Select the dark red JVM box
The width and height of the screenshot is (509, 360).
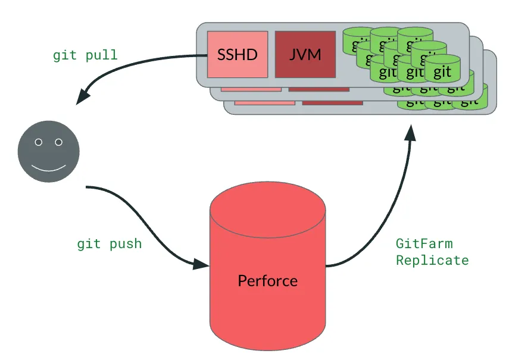pos(305,55)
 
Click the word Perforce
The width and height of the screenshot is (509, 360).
pos(268,280)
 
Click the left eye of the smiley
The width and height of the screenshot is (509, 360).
pos(39,142)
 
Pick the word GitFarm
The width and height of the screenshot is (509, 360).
pos(424,243)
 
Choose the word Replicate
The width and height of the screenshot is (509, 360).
pos(432,260)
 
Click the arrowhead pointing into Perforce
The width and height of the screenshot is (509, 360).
pos(202,264)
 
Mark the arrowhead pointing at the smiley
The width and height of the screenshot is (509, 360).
pos(83,96)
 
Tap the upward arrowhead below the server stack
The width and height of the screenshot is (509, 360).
pos(411,131)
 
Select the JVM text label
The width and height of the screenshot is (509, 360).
pos(305,55)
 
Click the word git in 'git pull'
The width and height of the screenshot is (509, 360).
pos(64,55)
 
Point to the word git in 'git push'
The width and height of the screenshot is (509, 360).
pos(88,243)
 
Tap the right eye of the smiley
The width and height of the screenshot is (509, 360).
pos(58,142)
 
